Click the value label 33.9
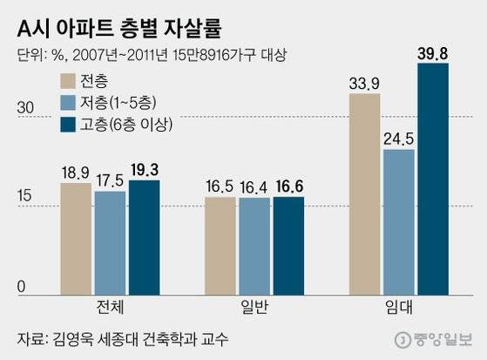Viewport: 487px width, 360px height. [364, 84]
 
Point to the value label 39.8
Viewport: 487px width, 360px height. [433, 53]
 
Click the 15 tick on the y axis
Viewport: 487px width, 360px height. [25, 196]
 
